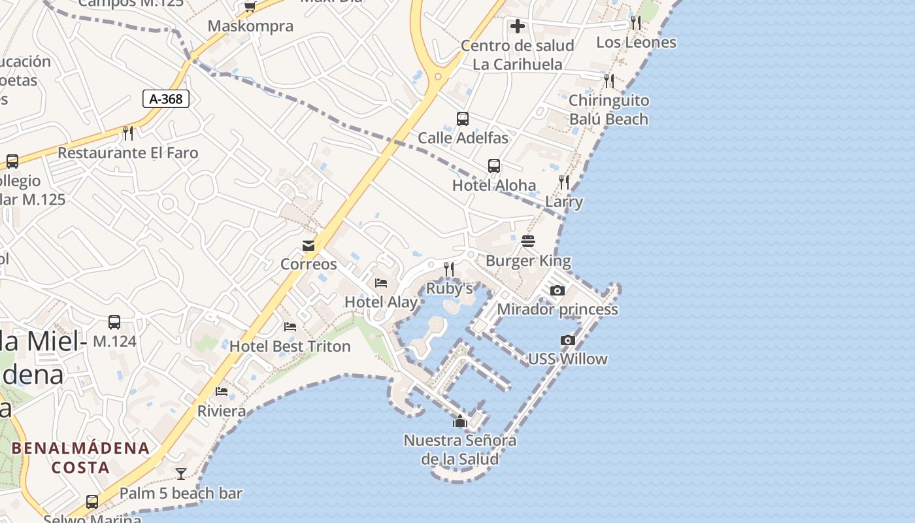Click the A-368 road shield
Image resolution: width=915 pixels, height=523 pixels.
(x=166, y=99)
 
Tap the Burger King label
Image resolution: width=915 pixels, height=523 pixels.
(x=528, y=261)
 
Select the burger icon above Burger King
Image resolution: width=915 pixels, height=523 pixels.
(x=528, y=241)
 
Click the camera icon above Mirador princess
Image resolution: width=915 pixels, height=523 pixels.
(x=557, y=290)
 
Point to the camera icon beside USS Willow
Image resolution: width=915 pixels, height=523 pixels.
(x=568, y=340)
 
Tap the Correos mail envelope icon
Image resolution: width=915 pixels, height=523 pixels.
(x=308, y=246)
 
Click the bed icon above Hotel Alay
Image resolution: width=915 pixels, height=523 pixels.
(x=381, y=283)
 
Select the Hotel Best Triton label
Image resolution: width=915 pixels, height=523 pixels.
(x=290, y=346)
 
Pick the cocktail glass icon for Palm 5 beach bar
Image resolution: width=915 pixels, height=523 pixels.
(x=181, y=473)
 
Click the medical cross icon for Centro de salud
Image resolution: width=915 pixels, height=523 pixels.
(x=518, y=26)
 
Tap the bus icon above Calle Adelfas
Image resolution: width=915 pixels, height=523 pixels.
(x=463, y=119)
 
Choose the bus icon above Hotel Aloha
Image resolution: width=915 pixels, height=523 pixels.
(x=494, y=166)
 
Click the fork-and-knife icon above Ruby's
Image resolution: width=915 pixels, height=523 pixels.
(x=449, y=269)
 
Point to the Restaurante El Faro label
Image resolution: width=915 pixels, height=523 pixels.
(x=128, y=153)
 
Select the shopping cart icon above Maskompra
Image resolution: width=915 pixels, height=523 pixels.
(x=250, y=7)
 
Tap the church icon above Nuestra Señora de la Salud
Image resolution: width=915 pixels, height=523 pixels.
(x=460, y=422)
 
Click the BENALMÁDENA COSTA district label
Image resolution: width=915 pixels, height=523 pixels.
(x=80, y=458)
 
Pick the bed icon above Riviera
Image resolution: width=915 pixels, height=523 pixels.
(x=222, y=392)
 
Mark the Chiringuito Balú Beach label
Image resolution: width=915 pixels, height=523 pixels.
(x=608, y=110)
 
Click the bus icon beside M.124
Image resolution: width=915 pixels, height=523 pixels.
(x=114, y=322)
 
